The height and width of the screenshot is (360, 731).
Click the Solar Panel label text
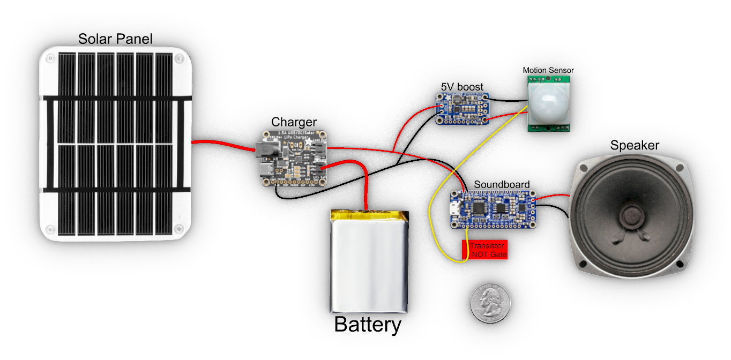[115, 39]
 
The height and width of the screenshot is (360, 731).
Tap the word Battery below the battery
[368, 325]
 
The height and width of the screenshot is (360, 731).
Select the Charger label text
[294, 122]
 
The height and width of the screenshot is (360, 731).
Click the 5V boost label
[462, 86]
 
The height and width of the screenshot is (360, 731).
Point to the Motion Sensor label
[548, 70]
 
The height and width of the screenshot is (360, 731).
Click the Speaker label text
[635, 146]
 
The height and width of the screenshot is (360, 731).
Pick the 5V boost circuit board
[462, 109]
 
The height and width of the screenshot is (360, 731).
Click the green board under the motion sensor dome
[550, 127]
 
